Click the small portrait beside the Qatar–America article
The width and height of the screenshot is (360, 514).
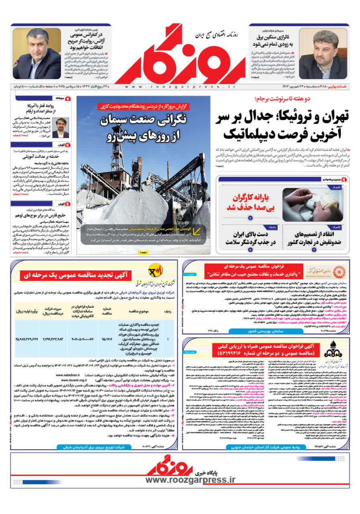point(60,128)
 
